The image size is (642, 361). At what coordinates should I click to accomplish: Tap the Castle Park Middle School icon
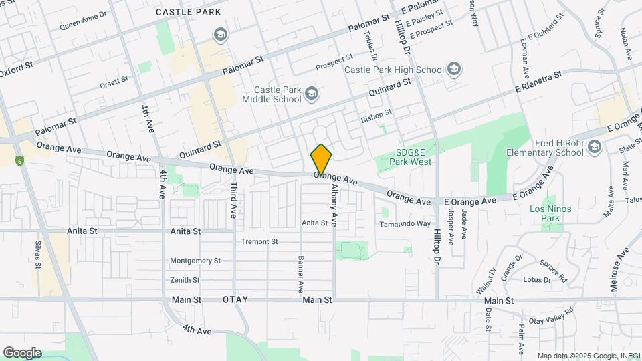pos(311,94)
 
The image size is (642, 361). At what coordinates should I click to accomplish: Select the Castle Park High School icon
pos(455,70)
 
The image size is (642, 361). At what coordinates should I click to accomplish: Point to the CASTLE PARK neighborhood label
pos(188,12)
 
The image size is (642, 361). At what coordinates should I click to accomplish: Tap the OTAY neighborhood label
pos(235,300)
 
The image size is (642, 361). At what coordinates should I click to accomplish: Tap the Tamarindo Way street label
pos(406,224)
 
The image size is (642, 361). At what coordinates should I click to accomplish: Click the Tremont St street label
pos(259,241)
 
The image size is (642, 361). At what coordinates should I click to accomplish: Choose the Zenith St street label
pos(185,280)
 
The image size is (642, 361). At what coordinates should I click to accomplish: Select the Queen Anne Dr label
pos(83,21)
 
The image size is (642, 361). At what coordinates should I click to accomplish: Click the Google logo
pos(22,353)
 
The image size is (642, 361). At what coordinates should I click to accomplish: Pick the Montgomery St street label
pos(195,261)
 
